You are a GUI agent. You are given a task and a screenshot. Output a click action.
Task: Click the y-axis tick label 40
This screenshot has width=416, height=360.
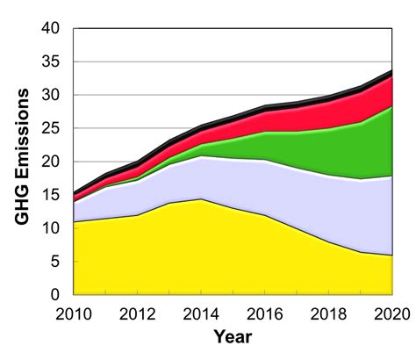(51, 28)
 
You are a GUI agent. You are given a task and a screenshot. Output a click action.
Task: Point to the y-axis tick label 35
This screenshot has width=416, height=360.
(51, 61)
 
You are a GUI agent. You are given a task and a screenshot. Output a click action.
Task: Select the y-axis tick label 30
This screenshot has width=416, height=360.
(51, 95)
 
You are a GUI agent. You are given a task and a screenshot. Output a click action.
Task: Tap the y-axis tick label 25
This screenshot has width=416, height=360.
(51, 128)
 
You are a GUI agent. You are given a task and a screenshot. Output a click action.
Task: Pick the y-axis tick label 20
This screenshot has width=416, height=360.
(51, 162)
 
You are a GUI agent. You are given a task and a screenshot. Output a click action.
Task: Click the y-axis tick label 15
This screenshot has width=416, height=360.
(51, 195)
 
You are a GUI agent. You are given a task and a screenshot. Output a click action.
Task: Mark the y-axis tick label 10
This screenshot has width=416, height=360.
(51, 228)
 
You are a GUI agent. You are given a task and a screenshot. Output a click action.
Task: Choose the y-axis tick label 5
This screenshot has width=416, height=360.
(56, 262)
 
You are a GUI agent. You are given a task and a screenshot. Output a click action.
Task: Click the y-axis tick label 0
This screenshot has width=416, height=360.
(56, 294)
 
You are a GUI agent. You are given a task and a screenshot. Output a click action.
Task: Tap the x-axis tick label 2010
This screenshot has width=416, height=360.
(73, 313)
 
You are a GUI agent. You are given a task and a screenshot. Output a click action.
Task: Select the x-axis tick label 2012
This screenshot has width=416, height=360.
(137, 313)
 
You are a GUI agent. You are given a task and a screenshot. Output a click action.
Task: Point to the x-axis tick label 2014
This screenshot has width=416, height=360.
(201, 313)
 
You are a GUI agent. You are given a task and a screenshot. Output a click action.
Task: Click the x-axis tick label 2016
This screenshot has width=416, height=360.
(264, 313)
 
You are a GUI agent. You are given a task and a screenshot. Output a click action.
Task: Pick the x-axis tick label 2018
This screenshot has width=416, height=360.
(328, 313)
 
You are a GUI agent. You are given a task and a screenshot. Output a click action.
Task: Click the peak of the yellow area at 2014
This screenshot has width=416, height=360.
(201, 201)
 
